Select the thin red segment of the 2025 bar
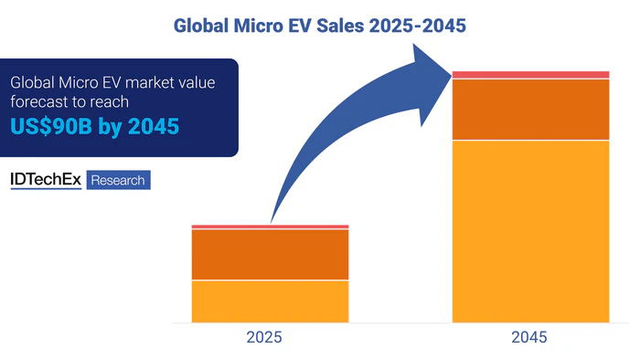click(270, 226)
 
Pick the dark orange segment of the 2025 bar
click(270, 254)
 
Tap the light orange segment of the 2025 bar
click(270, 301)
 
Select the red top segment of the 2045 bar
click(531, 74)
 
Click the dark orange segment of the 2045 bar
click(531, 109)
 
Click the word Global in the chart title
click(205, 26)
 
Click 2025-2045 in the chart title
click(417, 26)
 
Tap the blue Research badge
click(119, 180)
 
